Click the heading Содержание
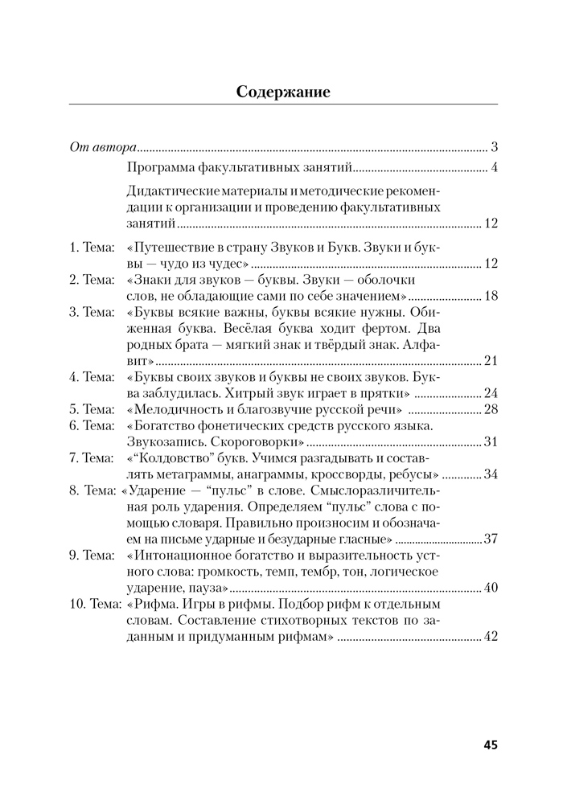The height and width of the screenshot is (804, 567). tap(283, 91)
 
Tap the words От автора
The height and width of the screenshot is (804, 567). tap(101, 148)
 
